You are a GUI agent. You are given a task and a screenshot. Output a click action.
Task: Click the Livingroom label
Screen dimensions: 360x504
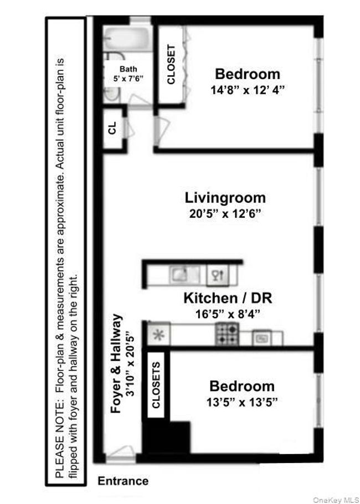pyautogui.click(x=225, y=198)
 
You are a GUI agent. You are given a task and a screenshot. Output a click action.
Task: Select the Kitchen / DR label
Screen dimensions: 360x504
pyautogui.click(x=228, y=298)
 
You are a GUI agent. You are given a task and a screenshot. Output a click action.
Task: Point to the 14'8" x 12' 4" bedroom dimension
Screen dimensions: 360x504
pyautogui.click(x=248, y=90)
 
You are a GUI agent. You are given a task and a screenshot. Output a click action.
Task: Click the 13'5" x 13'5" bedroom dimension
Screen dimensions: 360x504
pyautogui.click(x=243, y=402)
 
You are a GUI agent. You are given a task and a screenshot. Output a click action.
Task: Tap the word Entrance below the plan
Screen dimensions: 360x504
pyautogui.click(x=123, y=481)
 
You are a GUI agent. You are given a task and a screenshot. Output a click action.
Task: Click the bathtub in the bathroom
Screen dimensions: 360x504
pyautogui.click(x=127, y=39)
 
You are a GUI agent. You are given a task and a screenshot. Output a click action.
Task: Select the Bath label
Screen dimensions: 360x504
pyautogui.click(x=128, y=69)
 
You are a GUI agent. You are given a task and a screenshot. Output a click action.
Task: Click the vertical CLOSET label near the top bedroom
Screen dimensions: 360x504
pyautogui.click(x=171, y=64)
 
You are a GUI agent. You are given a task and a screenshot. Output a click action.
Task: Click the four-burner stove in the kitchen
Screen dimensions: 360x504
pyautogui.click(x=227, y=333)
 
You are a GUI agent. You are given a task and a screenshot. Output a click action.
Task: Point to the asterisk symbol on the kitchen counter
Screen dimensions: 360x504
pyautogui.click(x=158, y=335)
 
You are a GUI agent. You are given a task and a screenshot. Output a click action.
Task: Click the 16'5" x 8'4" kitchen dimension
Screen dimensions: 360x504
pyautogui.click(x=228, y=313)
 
